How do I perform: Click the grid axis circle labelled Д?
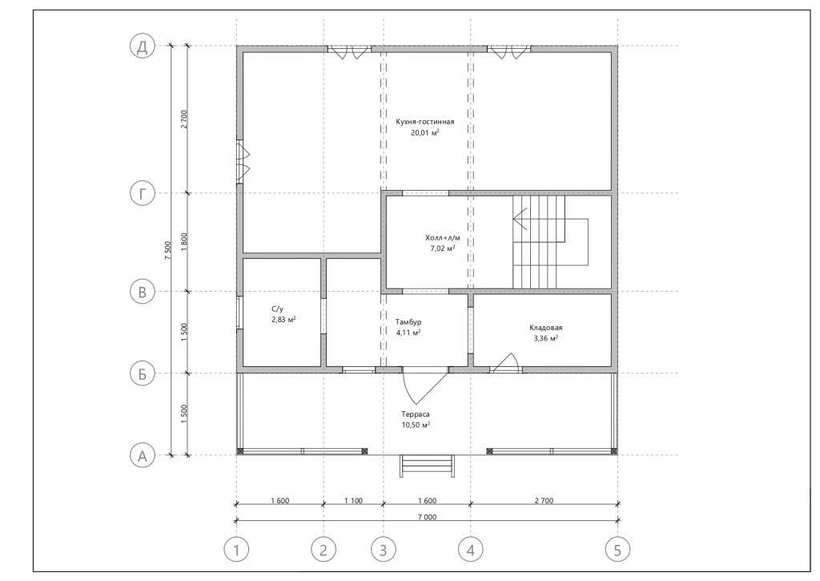(143, 46)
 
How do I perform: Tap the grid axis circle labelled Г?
(143, 194)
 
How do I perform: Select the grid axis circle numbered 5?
(617, 550)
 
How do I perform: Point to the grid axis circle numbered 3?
(384, 550)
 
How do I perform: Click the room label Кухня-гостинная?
(424, 122)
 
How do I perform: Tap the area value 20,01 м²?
(424, 133)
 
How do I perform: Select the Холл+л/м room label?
(442, 238)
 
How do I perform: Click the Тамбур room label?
(408, 322)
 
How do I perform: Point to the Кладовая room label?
(545, 328)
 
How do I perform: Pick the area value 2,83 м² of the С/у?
(283, 319)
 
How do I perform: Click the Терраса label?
(416, 414)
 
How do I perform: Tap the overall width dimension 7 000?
(427, 517)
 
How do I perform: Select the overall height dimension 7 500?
(167, 251)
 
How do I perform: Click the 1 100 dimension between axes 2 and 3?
(353, 501)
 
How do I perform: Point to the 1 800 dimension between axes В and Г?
(183, 242)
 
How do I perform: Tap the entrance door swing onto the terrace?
(424, 387)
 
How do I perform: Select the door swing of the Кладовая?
(504, 363)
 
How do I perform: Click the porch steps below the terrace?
(427, 466)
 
